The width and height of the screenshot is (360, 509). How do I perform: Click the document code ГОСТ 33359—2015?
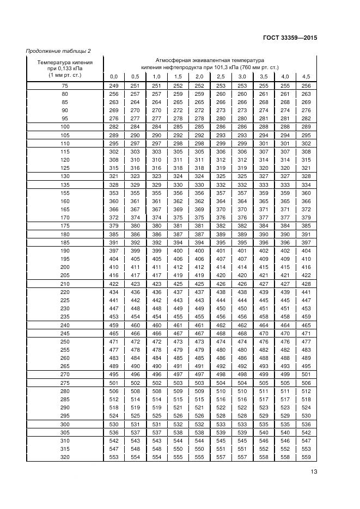[x=286, y=38]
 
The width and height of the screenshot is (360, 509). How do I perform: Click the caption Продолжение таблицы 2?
[x=58, y=51]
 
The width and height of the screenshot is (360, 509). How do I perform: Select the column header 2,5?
[x=221, y=76]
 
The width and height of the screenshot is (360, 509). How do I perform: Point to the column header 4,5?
[x=306, y=76]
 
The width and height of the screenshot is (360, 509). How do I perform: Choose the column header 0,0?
[x=114, y=76]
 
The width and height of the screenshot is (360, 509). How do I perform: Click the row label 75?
[x=65, y=86]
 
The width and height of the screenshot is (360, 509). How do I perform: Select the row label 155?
[x=65, y=193]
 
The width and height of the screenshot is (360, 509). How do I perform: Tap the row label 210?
[x=65, y=284]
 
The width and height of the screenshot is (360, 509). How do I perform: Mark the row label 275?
[x=65, y=383]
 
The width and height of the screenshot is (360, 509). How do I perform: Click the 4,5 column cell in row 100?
[x=306, y=126]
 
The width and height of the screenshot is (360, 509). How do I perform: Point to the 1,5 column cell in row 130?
[x=178, y=176]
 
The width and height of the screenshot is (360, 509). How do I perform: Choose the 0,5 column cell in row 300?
[x=135, y=424]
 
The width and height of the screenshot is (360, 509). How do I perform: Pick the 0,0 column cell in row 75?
[x=114, y=86]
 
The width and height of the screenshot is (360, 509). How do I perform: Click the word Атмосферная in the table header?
[x=170, y=60]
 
